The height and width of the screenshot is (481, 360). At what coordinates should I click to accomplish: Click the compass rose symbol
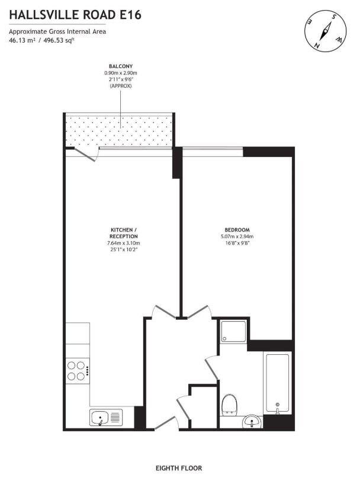[x=325, y=31]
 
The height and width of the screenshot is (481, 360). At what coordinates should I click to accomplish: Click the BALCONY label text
[x=121, y=66]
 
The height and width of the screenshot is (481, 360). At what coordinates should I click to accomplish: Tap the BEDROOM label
[x=237, y=230]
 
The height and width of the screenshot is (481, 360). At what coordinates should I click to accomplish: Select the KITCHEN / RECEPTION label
[x=124, y=233]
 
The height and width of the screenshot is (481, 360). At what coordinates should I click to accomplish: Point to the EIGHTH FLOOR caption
[x=179, y=468]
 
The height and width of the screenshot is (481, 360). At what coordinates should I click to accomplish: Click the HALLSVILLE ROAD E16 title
[x=75, y=15]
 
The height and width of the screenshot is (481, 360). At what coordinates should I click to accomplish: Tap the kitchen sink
[x=106, y=417]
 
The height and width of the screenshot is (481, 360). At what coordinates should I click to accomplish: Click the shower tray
[x=234, y=331]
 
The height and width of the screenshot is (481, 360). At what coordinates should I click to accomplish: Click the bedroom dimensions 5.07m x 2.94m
[x=237, y=236]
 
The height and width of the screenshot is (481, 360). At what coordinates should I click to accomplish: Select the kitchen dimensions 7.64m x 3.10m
[x=124, y=243]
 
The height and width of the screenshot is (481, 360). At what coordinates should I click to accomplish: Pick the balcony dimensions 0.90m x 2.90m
[x=121, y=73]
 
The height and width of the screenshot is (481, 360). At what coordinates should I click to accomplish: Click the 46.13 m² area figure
[x=22, y=40]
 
